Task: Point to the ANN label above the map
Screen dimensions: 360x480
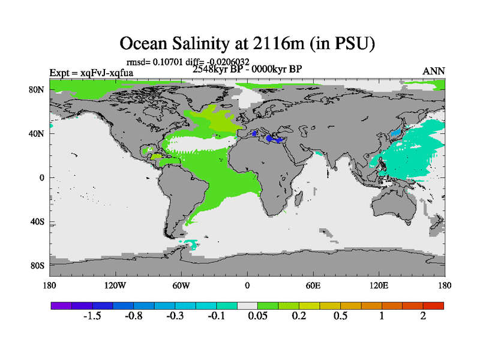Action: [x=434, y=71]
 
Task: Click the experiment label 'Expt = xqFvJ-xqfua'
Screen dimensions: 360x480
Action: [x=91, y=73]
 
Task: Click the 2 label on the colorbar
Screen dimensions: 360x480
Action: [x=424, y=316]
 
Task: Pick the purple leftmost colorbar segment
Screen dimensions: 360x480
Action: [x=61, y=305]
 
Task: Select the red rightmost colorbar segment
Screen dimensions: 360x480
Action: [x=434, y=305]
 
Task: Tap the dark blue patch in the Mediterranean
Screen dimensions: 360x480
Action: [x=277, y=139]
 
